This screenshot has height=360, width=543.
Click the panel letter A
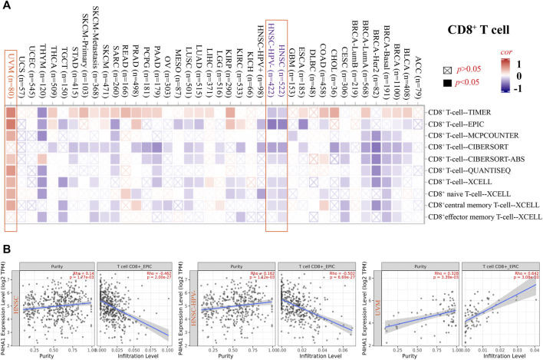tap(6, 6)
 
